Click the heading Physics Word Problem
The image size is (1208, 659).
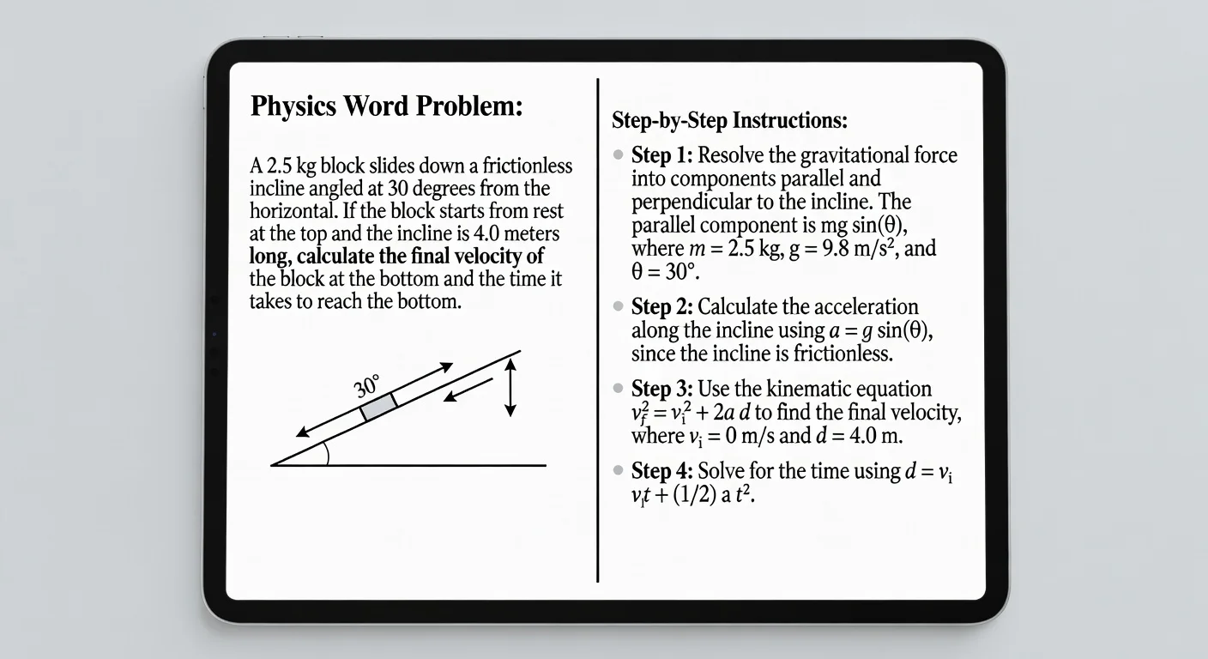click(385, 107)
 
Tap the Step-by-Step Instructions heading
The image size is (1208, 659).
click(729, 121)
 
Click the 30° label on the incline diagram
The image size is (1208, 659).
click(367, 386)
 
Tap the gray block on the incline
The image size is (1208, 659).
click(378, 407)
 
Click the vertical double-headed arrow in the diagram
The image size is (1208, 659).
click(510, 388)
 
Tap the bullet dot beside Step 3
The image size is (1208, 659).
click(619, 389)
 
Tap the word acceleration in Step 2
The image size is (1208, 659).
click(865, 307)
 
